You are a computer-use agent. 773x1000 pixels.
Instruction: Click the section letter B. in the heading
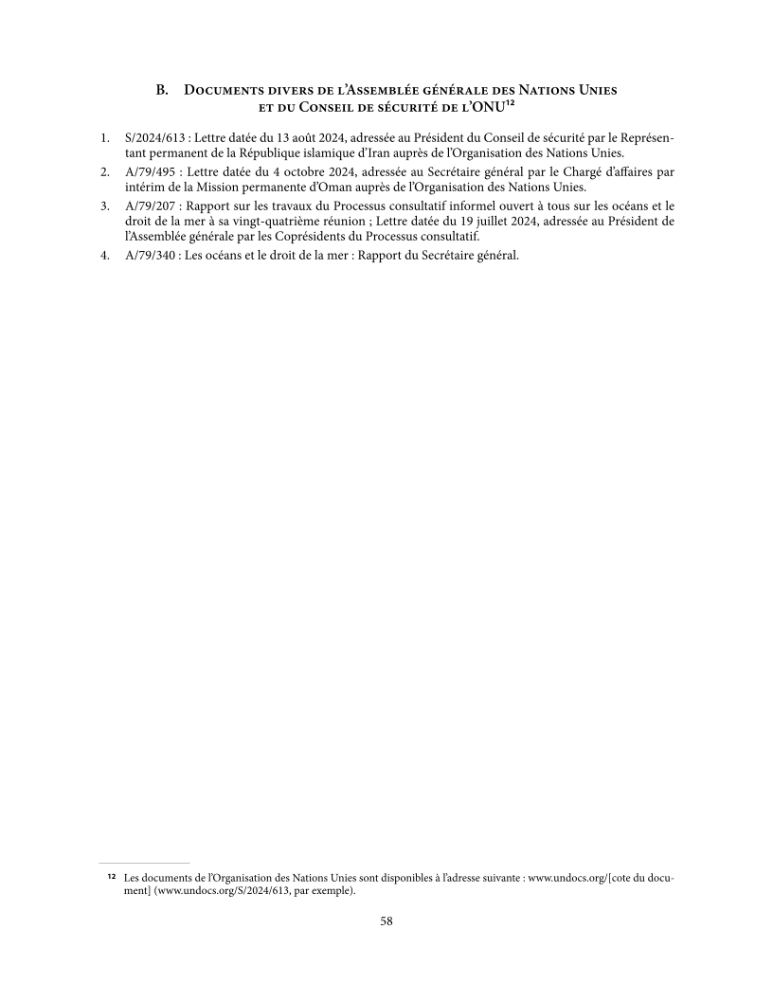coord(163,90)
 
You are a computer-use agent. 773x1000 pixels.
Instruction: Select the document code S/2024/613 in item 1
coord(154,138)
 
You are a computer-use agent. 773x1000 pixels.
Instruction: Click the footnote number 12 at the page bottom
coord(111,878)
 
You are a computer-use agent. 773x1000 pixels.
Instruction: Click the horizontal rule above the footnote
coord(144,864)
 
